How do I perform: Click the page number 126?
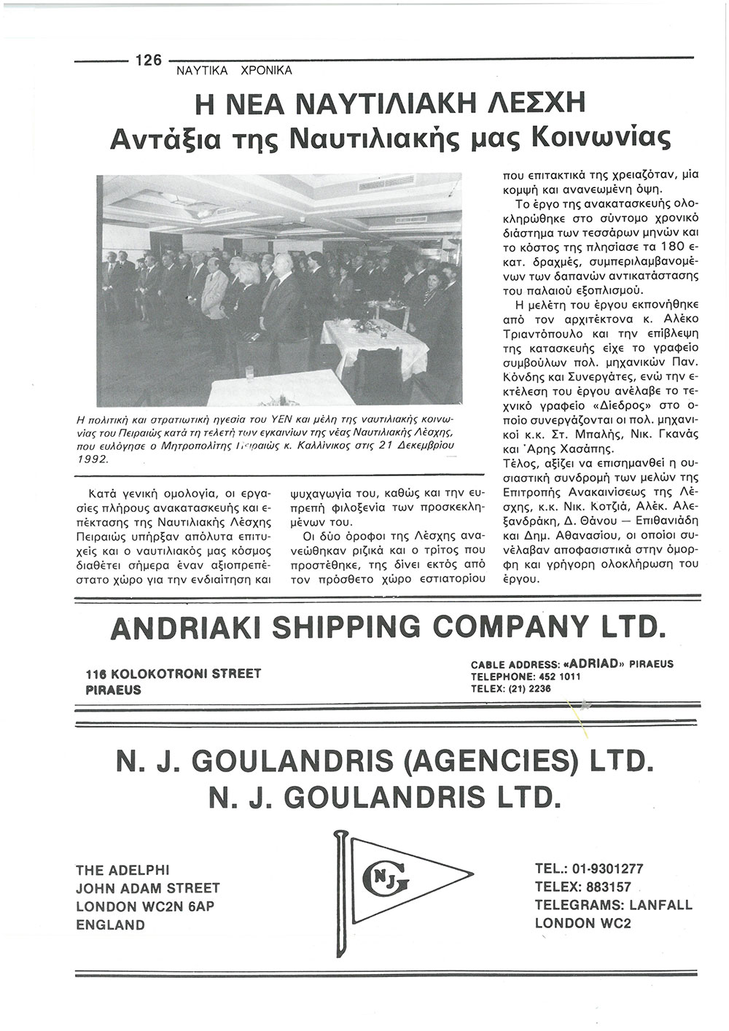(x=148, y=60)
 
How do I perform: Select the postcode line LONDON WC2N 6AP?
(x=145, y=907)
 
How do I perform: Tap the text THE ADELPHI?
(x=122, y=869)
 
